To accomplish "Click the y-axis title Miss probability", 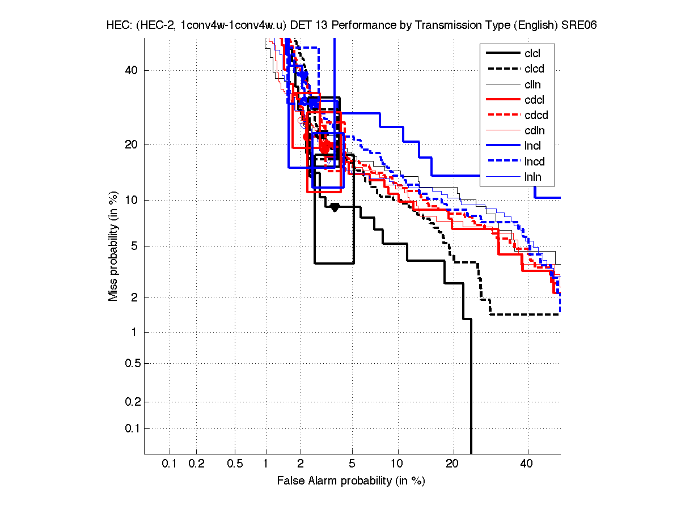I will [x=114, y=246].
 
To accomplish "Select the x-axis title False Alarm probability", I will [x=351, y=481].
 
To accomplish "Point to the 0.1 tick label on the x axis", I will [x=170, y=464].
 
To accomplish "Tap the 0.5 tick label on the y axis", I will [x=132, y=363].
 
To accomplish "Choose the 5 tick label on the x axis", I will [x=352, y=464].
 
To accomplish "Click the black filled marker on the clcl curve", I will [x=335, y=207].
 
